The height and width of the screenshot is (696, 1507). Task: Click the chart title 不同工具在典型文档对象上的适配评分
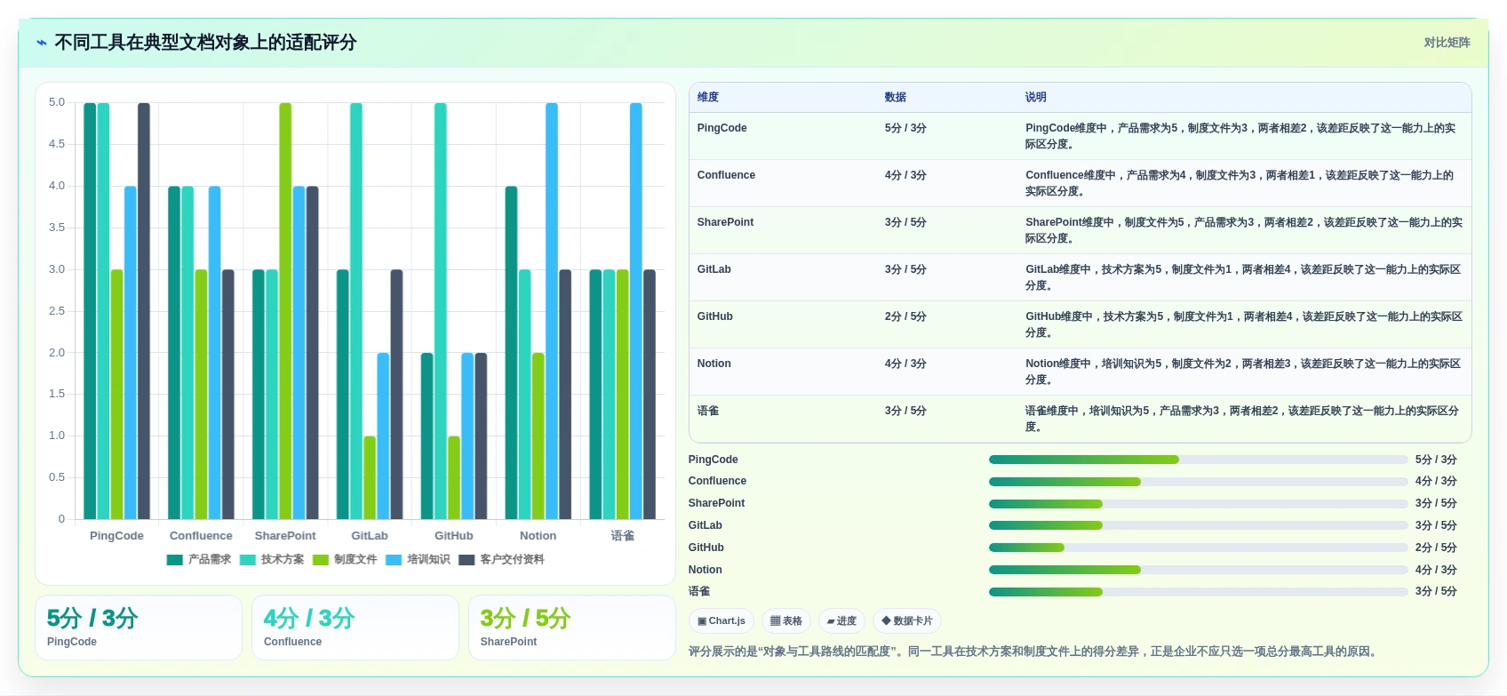pos(205,43)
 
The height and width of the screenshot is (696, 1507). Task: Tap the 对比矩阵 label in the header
pos(1447,43)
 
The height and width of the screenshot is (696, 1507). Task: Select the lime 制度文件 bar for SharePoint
pos(285,311)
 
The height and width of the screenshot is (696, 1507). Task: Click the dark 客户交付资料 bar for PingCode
pos(144,311)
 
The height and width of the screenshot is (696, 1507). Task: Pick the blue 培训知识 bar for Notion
pos(552,311)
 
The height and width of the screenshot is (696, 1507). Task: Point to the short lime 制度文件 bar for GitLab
pos(370,477)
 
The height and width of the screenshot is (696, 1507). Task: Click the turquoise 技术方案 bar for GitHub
pos(441,311)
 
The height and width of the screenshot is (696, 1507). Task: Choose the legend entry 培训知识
pos(418,559)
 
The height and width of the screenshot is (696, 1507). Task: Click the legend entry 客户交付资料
pos(501,559)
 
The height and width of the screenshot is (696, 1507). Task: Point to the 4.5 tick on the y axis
pos(57,144)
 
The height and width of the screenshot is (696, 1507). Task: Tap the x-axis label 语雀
pos(622,536)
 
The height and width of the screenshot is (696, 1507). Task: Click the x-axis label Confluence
pos(201,536)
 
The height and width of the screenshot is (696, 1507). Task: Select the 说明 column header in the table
pos(1035,97)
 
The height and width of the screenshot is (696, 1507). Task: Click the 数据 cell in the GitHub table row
pos(905,316)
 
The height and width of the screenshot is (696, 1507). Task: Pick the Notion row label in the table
pos(714,364)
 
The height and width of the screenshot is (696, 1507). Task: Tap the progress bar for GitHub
pos(1198,548)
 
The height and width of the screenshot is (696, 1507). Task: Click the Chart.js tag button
pos(722,620)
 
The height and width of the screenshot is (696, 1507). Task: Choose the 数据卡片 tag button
pos(907,620)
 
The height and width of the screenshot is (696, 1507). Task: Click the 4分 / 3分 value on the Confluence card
pos(309,618)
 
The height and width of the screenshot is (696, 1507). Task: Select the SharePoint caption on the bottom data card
pos(508,642)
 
